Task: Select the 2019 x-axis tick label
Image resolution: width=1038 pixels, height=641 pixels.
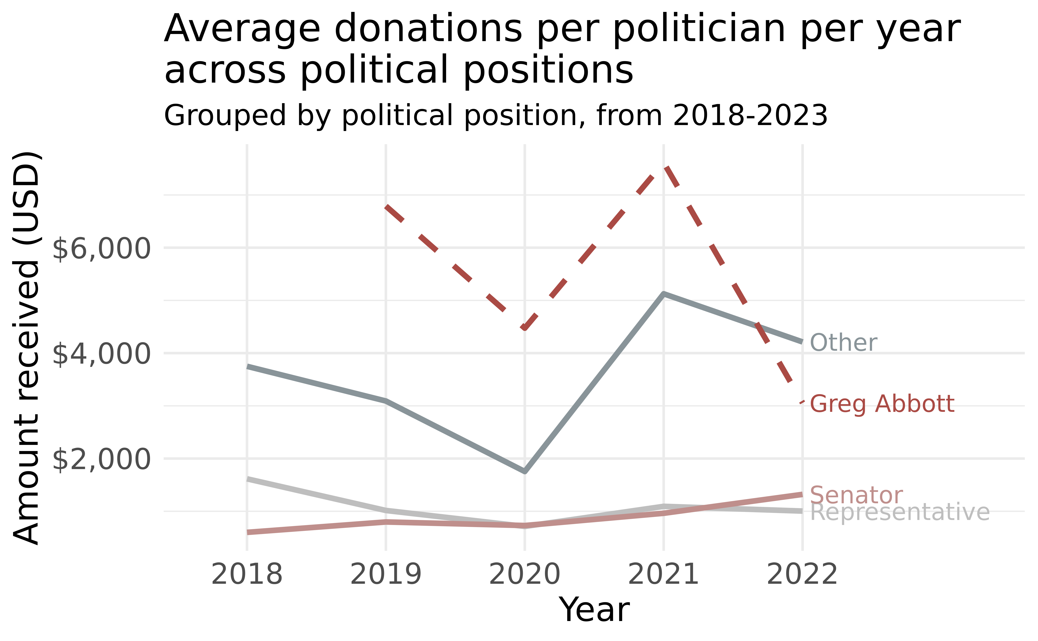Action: coord(386,575)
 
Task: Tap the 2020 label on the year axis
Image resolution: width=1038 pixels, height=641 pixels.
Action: coord(525,575)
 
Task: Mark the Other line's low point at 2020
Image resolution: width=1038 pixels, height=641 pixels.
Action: coord(525,471)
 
